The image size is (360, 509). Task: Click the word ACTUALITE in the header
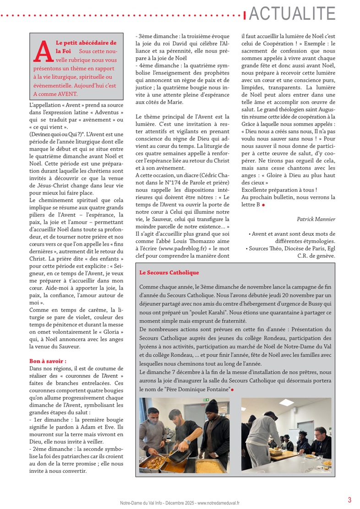pyautogui.click(x=293, y=14)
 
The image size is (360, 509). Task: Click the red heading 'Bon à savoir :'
pyautogui.click(x=48, y=361)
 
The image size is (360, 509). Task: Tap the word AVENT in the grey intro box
pyautogui.click(x=66, y=94)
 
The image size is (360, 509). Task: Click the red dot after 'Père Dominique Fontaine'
pyautogui.click(x=233, y=389)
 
